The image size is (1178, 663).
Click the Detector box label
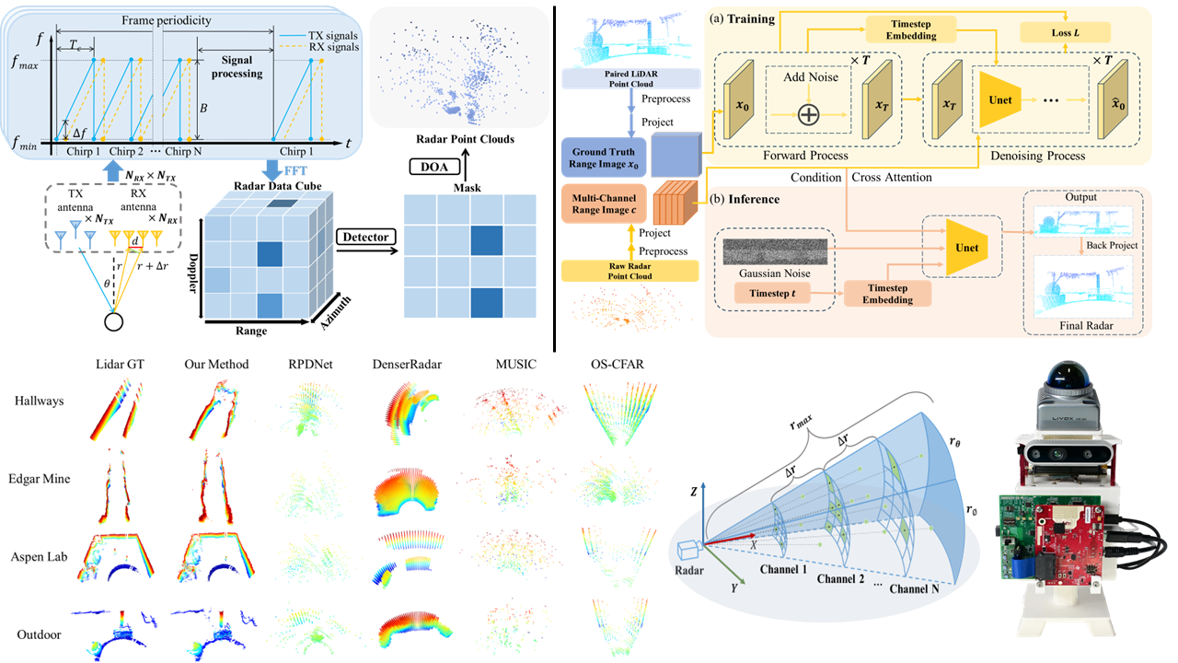[365, 238]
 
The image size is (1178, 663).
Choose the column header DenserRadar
[408, 365]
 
